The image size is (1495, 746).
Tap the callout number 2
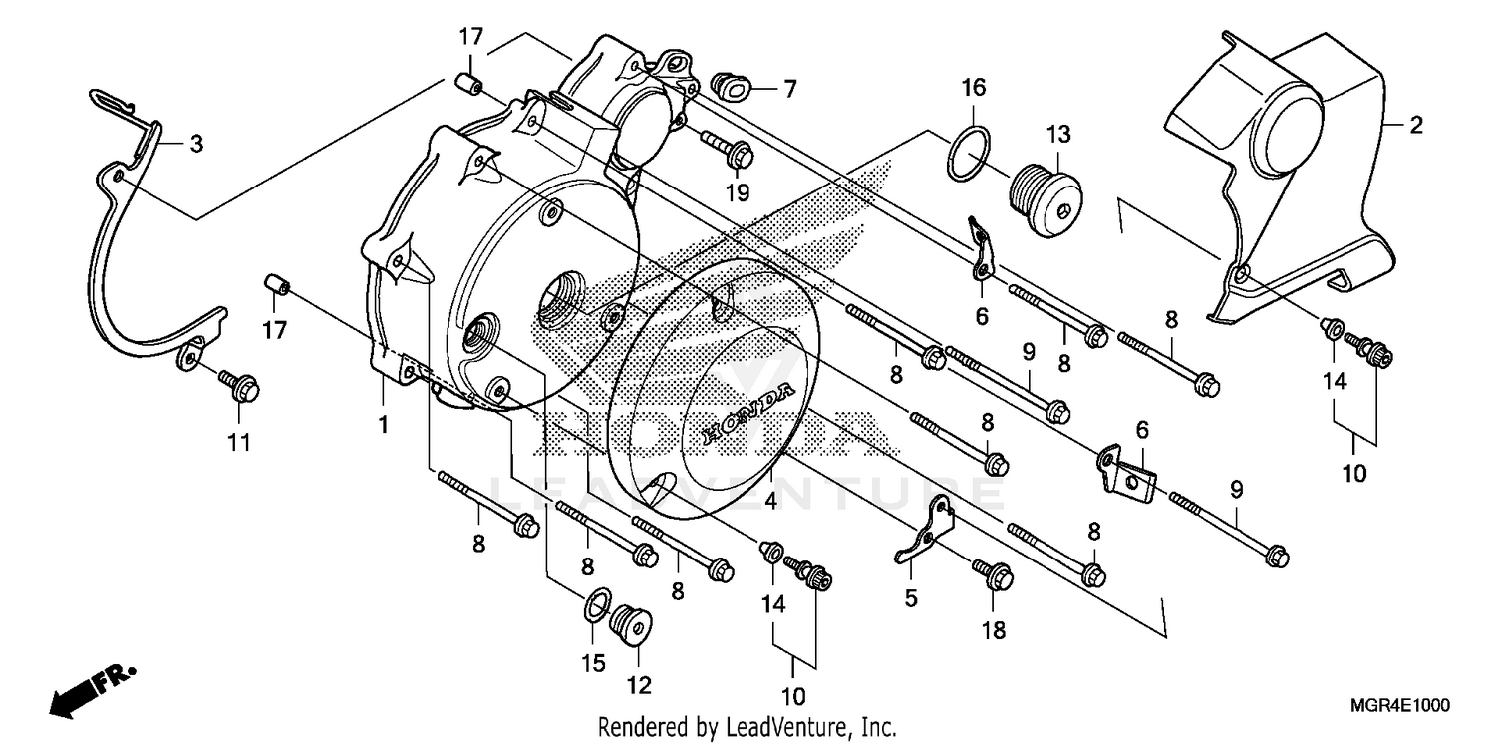[1415, 126]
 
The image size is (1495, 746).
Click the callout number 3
[196, 145]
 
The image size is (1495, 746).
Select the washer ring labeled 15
[596, 603]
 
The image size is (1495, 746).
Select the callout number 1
[383, 425]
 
